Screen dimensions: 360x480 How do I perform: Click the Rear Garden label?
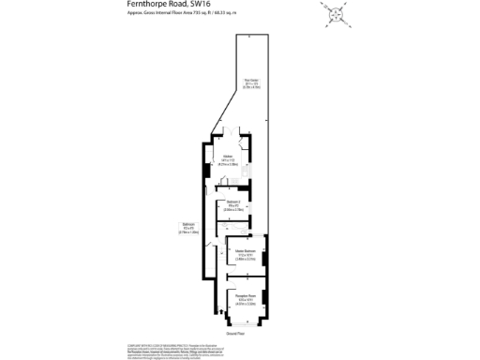tap(251, 80)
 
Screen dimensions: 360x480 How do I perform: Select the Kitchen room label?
tap(227, 157)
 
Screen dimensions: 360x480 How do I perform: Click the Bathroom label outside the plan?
tap(188, 223)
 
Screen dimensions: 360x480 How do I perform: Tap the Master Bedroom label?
tap(246, 250)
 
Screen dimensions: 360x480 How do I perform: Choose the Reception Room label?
tap(246, 296)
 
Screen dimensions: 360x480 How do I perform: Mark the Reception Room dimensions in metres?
tap(246, 304)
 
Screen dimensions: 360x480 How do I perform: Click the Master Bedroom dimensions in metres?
tap(246, 258)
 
